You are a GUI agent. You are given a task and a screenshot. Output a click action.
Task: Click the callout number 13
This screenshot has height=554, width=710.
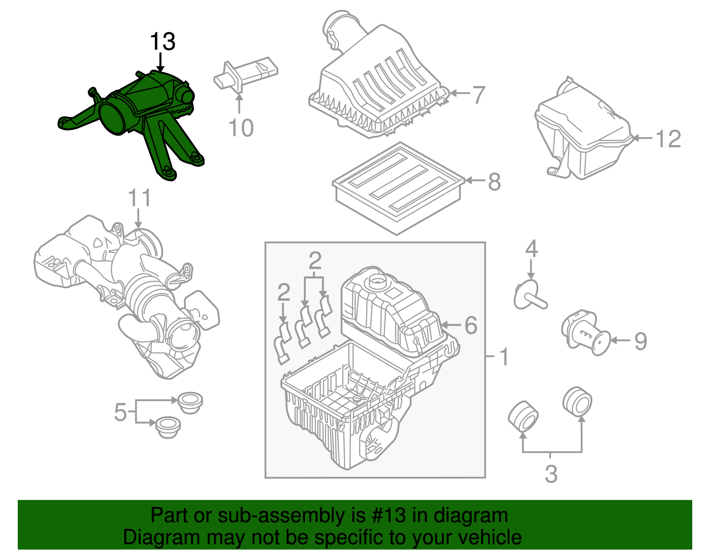[x=162, y=42]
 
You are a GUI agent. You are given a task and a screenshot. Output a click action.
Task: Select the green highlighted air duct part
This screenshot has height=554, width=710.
[x=133, y=115]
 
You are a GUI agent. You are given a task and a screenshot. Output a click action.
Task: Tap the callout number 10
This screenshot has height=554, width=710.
[x=241, y=128]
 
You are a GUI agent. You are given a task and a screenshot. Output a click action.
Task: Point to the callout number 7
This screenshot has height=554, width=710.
[x=478, y=95]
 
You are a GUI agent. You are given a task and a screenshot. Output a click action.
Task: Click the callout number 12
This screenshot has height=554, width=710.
[x=668, y=139]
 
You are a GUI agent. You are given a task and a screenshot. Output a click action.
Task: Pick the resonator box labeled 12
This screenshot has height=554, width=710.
[x=581, y=133]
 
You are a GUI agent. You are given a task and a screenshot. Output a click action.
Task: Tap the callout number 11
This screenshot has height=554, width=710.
[x=139, y=198]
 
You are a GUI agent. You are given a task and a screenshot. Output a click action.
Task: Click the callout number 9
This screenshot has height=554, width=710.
[x=640, y=341]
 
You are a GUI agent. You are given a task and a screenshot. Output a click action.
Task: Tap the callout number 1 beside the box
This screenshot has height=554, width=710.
[x=504, y=357]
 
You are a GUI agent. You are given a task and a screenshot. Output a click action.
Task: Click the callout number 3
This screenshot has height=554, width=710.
[x=551, y=474]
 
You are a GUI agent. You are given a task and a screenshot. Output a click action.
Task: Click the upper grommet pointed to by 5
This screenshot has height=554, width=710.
[x=190, y=401]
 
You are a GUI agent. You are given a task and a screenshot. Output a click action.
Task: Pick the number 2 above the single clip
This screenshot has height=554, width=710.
[x=284, y=293]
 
